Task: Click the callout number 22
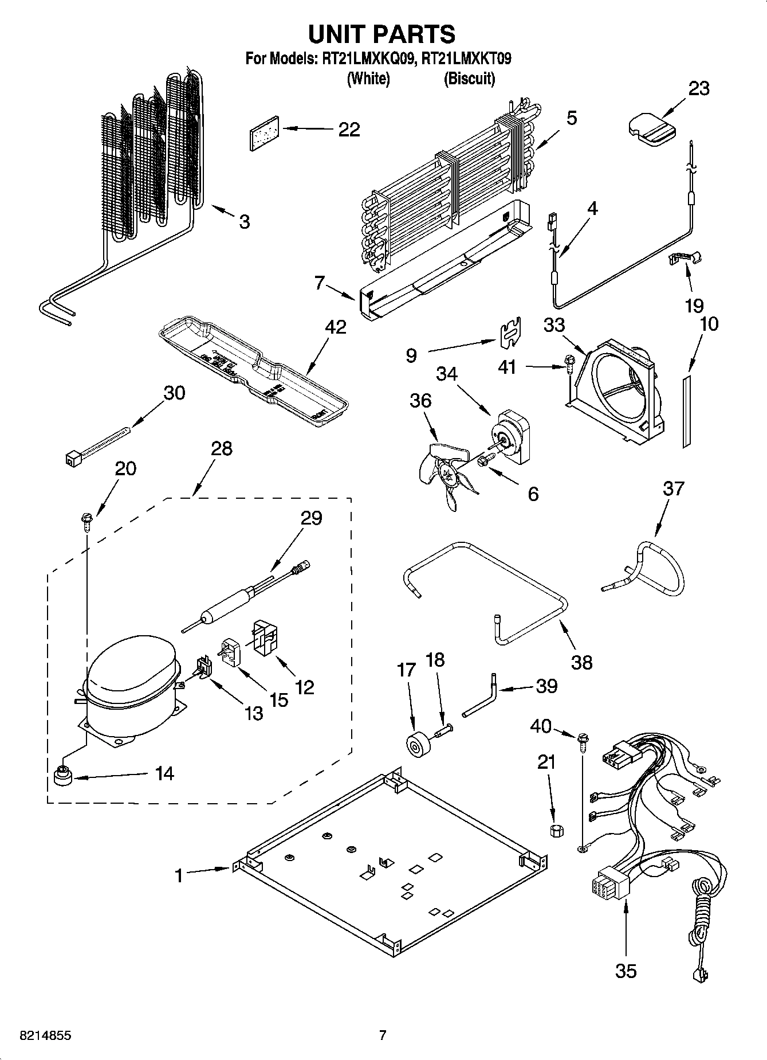click(349, 130)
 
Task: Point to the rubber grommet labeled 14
click(61, 777)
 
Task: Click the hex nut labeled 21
click(554, 831)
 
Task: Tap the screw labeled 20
click(86, 521)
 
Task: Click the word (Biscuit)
click(469, 79)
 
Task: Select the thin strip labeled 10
click(687, 411)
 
